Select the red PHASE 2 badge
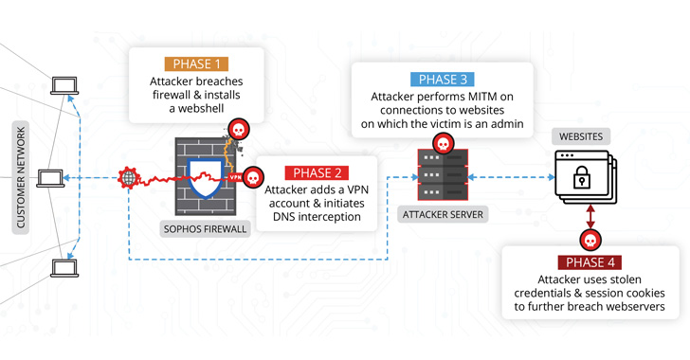pos(318,173)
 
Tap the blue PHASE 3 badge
pos(443,80)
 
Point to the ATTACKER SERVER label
pos(443,215)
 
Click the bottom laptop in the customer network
pos(65,268)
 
